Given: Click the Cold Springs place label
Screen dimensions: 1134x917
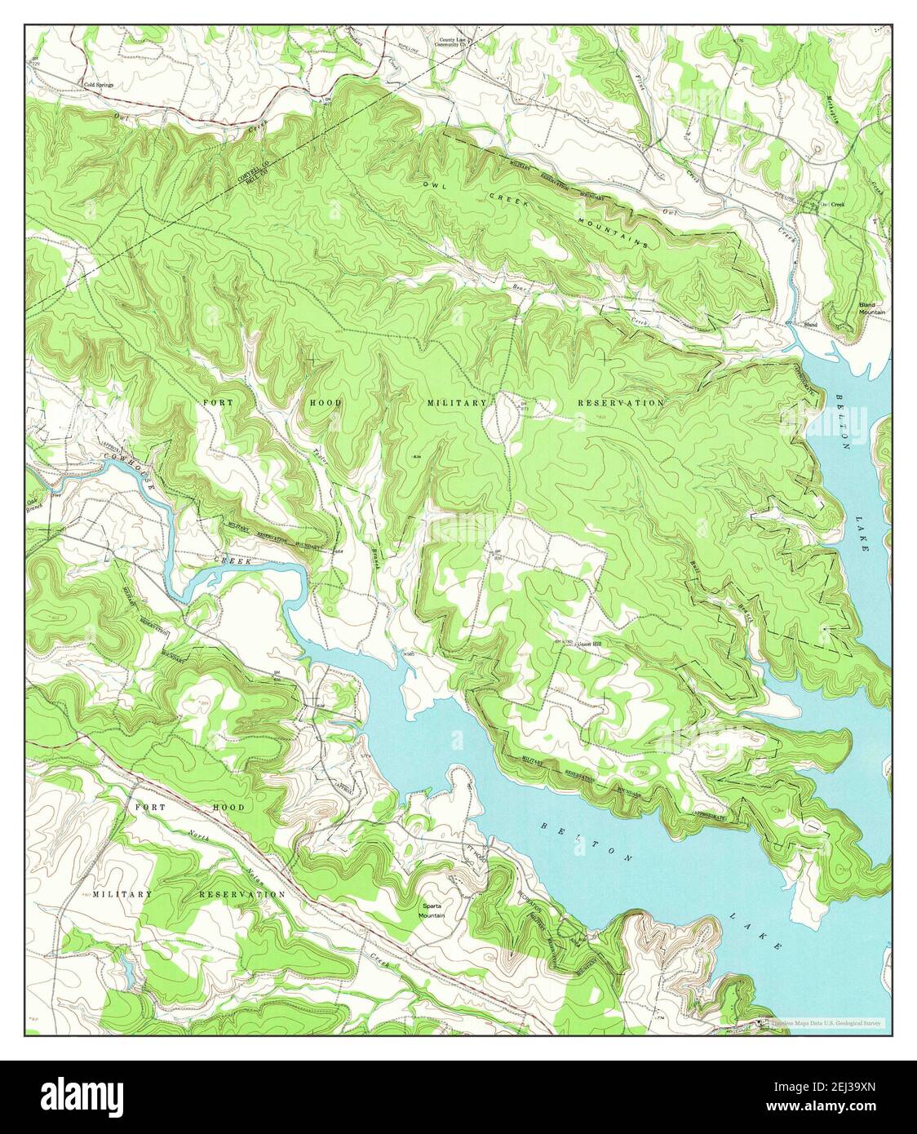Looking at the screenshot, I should tap(98, 84).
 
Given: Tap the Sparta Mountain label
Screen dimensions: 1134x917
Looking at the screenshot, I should tap(432, 910).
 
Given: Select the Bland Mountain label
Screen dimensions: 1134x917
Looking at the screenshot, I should tap(872, 308).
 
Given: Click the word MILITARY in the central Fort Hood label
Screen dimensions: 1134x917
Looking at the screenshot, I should tap(457, 403).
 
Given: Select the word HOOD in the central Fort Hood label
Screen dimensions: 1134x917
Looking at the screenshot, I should tap(326, 403).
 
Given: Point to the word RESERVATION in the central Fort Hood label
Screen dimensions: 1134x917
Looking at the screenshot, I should tap(620, 403).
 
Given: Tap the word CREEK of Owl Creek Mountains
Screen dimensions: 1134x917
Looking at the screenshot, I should tap(506, 198).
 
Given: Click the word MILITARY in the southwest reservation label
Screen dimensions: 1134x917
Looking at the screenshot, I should tap(122, 894).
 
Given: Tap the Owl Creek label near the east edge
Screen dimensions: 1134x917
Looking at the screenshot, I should tap(831, 204).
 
